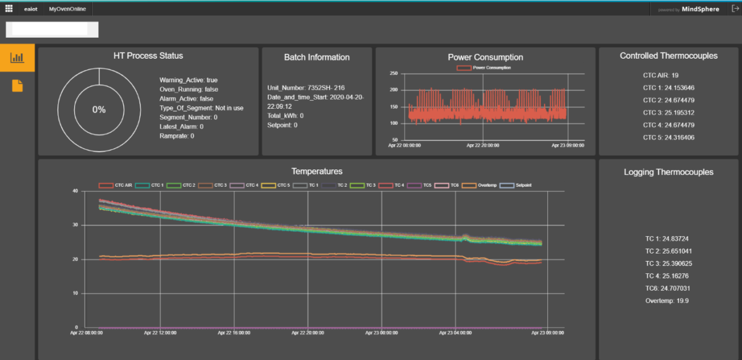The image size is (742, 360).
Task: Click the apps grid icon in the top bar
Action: [9, 9]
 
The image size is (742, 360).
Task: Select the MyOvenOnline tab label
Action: [67, 9]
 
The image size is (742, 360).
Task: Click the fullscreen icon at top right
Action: [733, 9]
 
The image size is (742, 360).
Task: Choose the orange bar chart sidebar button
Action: [17, 58]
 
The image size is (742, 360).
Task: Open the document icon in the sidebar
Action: [17, 86]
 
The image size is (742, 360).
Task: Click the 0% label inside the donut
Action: [99, 109]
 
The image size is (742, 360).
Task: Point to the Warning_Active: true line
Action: [189, 80]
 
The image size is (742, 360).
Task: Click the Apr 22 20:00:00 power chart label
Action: [482, 145]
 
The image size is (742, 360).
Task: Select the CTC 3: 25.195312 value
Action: [668, 112]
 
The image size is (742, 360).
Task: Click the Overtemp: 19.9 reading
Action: [667, 301]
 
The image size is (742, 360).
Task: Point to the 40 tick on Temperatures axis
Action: [76, 191]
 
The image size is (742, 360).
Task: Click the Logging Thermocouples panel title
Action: [668, 172]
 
